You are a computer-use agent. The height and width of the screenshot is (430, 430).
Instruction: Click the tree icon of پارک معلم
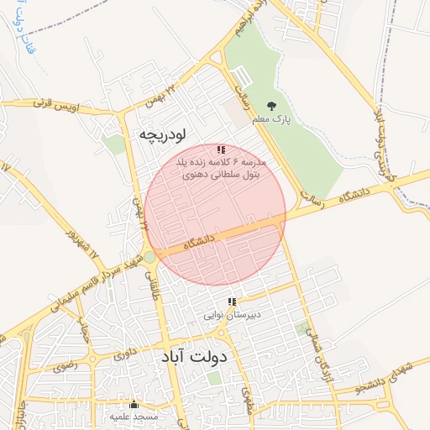point(271,106)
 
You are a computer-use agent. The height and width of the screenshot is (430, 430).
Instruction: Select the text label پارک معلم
point(271,119)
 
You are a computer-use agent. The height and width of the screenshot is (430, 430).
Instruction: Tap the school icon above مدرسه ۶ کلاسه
point(221,149)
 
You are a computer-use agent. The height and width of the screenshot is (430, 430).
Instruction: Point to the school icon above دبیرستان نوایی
point(232,302)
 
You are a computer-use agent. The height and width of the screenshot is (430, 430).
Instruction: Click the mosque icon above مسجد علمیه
point(134,404)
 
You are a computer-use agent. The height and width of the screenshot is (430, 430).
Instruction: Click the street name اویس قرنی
point(53,105)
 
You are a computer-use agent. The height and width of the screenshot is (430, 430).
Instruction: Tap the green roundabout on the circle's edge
point(149,257)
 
